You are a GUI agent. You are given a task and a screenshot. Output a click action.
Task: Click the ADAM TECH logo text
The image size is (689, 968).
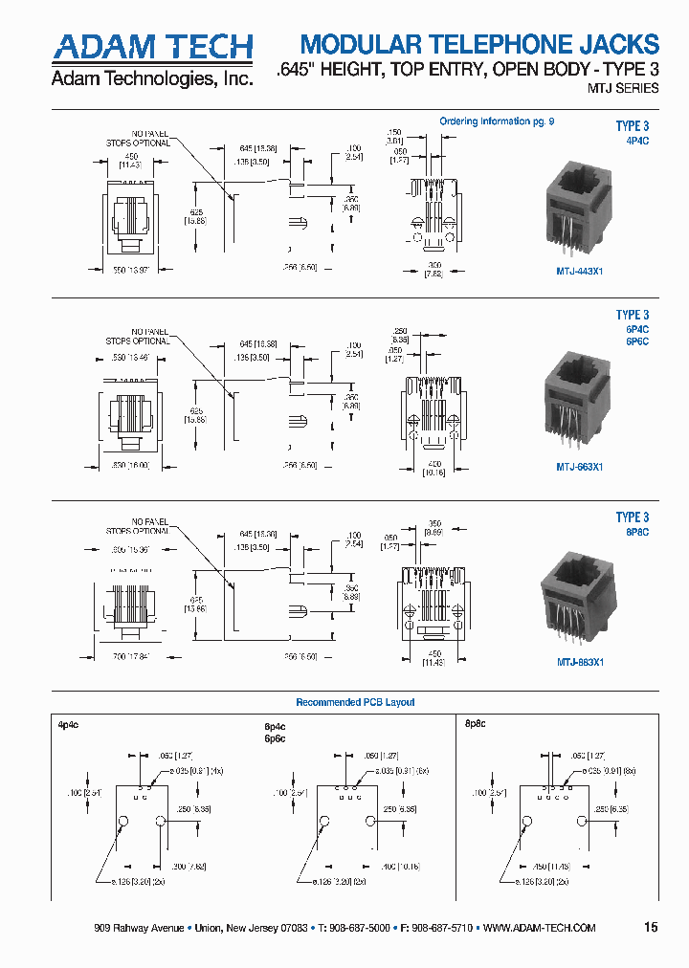coord(152,47)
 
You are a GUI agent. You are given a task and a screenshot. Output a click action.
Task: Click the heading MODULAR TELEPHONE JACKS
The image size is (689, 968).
coord(479,44)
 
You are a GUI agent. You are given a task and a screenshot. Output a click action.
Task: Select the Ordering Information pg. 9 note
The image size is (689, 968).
coord(497,121)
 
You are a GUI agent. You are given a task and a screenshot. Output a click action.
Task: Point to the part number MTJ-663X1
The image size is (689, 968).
coord(580,467)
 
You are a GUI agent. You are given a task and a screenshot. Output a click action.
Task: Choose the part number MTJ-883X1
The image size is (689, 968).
coord(580,661)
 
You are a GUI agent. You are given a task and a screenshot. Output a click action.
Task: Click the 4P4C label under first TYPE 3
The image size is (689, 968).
coord(636,141)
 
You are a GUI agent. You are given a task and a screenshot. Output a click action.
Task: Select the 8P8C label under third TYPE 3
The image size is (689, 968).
coord(637,532)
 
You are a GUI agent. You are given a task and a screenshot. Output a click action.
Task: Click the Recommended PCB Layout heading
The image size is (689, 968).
coord(355,702)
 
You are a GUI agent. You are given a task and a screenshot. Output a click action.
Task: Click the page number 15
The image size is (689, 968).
coord(651,928)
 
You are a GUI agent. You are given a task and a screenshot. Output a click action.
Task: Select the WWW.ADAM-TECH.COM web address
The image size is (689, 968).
coord(541,929)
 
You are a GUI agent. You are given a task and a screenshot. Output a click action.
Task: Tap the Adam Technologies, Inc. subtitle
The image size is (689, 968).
coord(152,79)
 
